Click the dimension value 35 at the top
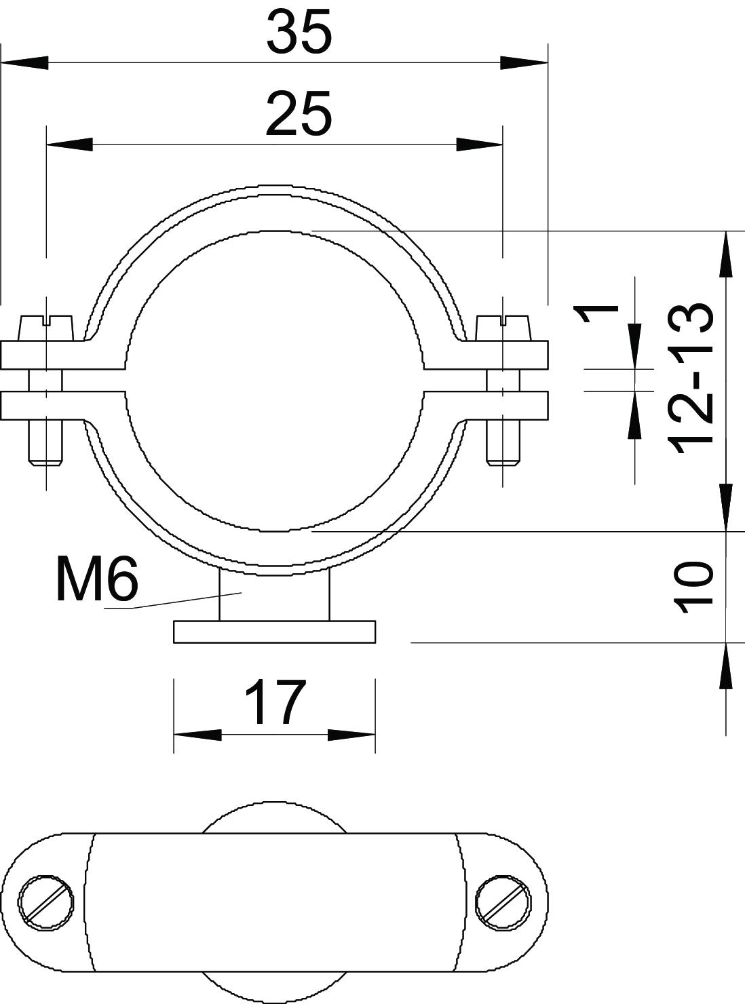pos(299,33)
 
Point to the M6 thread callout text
pos(96,579)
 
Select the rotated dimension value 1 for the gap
pos(596,319)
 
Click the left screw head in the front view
pos(46,328)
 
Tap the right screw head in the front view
pos(503,328)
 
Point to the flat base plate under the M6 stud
pos(275,632)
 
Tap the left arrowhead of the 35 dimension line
pos(24,63)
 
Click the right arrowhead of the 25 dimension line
pos(480,144)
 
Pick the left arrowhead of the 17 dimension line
pos(197,735)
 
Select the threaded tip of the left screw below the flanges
pos(46,448)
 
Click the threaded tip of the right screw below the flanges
pos(503,448)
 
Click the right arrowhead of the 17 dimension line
pos(351,735)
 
